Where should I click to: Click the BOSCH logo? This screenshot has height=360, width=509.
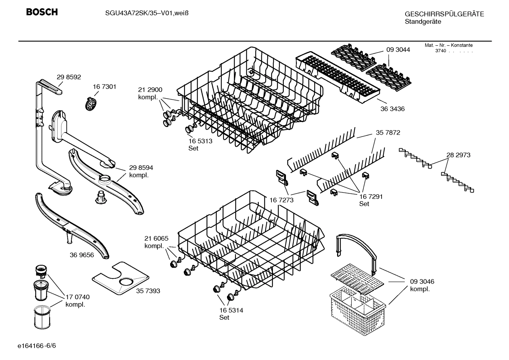(42, 12)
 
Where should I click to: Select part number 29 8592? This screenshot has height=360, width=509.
(69, 77)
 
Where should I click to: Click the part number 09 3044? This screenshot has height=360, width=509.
(398, 50)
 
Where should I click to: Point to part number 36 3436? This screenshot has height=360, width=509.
(392, 109)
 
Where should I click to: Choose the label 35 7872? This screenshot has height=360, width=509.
(388, 133)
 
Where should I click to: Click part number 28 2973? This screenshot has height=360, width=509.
(458, 155)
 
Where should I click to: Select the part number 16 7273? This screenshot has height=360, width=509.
(281, 200)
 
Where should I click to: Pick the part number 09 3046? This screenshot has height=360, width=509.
(422, 282)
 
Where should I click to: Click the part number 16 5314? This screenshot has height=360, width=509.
(231, 310)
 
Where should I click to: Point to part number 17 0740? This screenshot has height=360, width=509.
(78, 297)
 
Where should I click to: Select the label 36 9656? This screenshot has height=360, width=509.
(82, 255)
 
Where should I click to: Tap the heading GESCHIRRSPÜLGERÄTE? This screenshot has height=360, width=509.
(444, 14)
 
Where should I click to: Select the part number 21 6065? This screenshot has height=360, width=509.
(156, 238)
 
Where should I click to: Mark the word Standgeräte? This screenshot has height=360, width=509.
(423, 22)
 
